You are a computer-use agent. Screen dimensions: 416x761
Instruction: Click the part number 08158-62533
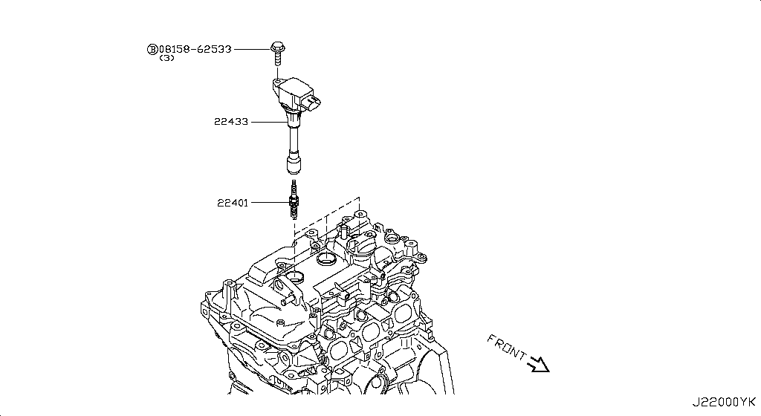(195, 49)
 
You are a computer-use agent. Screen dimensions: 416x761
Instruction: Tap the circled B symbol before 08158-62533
(152, 49)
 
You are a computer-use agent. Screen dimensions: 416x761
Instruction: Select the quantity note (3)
(166, 59)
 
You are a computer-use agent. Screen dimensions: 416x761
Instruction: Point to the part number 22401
(233, 202)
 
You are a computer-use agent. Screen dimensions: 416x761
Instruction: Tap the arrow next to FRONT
(538, 363)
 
